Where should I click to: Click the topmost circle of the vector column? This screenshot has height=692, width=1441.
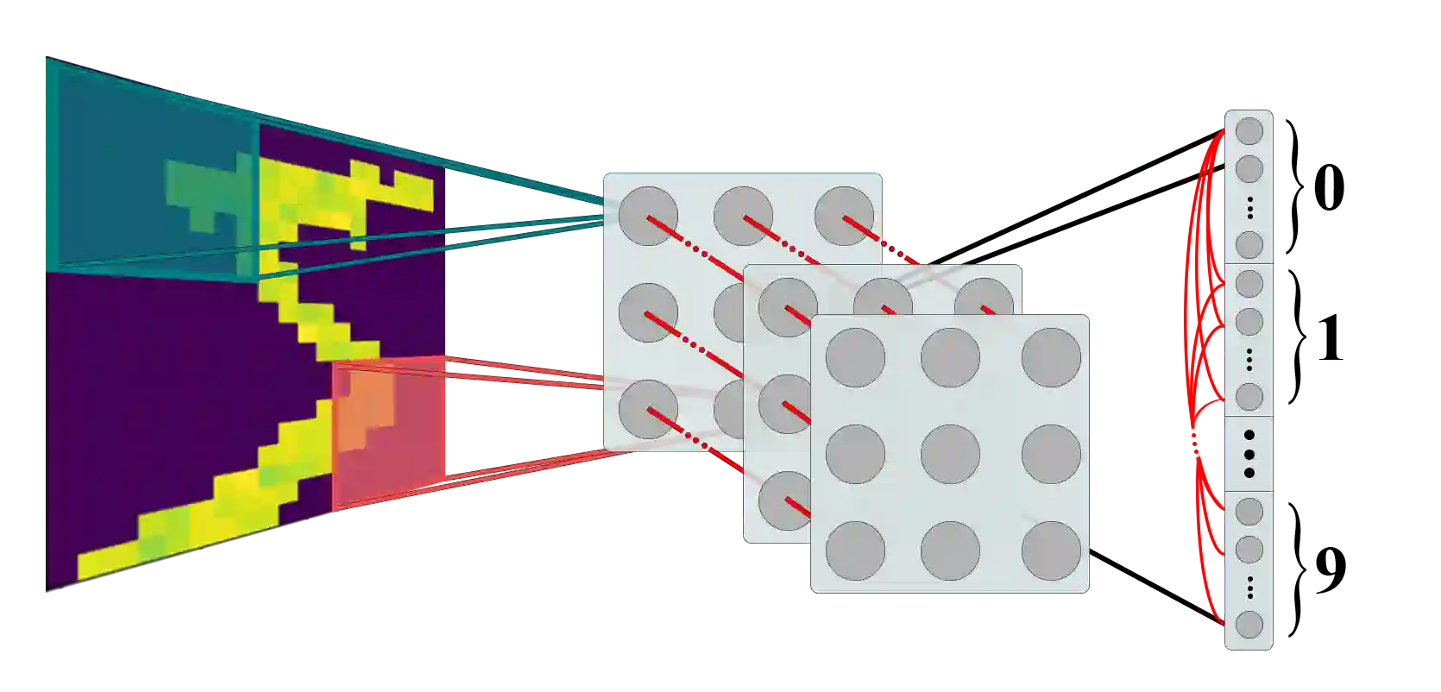(1249, 131)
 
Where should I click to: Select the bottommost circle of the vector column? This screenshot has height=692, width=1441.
(1249, 624)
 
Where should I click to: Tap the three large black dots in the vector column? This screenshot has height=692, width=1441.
(1249, 453)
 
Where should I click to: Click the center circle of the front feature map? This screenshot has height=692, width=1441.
(950, 454)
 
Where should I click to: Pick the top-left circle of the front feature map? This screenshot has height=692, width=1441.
(855, 357)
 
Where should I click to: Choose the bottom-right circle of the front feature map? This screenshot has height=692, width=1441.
(1051, 550)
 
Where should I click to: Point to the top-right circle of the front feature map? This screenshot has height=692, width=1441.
(1051, 357)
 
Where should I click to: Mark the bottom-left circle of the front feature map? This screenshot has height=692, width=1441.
(855, 550)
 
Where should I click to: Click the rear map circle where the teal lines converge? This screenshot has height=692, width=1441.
(648, 216)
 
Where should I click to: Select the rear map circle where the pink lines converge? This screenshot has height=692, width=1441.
(648, 409)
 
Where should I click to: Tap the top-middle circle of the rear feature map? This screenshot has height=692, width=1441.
(743, 216)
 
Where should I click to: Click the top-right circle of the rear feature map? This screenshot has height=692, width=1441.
(844, 216)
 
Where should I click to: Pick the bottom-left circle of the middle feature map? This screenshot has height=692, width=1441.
(787, 500)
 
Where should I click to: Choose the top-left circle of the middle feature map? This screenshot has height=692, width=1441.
(787, 307)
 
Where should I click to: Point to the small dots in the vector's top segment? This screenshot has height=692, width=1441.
(1249, 207)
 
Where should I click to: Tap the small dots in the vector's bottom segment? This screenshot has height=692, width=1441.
(1249, 588)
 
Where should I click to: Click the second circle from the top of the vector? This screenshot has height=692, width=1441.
(1249, 168)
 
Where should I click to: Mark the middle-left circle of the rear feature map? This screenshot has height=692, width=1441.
(648, 312)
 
